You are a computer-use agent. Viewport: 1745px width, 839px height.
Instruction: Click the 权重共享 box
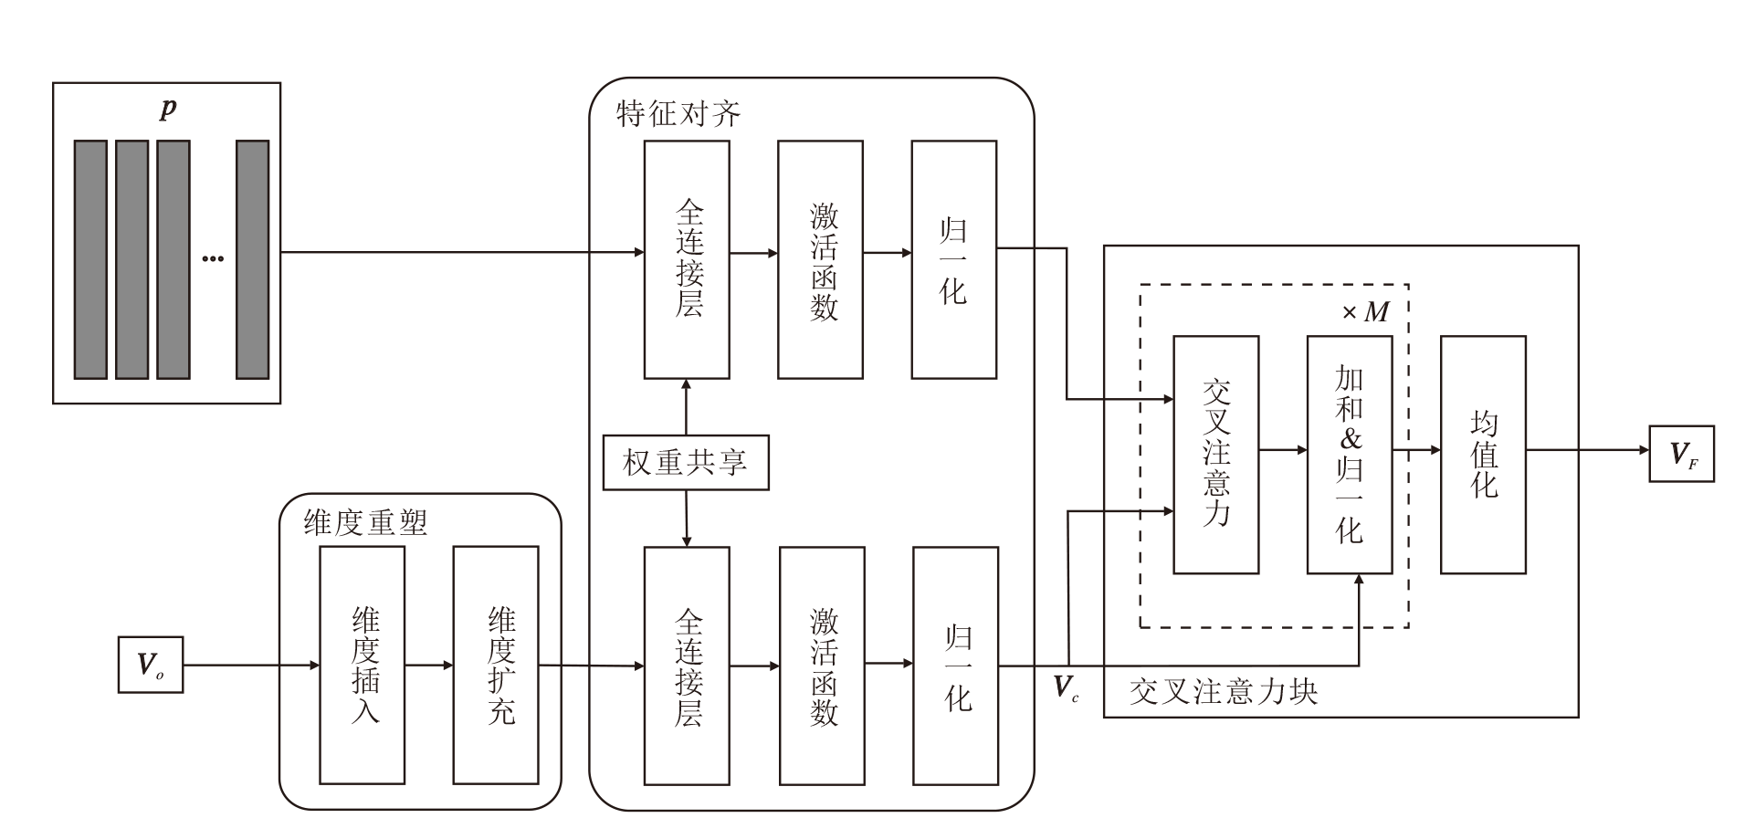pyautogui.click(x=685, y=463)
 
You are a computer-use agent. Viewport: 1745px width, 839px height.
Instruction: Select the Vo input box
pyautogui.click(x=151, y=665)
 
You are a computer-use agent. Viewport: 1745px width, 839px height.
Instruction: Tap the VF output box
pyautogui.click(x=1681, y=454)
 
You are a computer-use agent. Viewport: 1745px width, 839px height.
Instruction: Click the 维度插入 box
pyautogui.click(x=363, y=665)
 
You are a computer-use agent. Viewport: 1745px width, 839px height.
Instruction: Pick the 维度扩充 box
pyautogui.click(x=496, y=665)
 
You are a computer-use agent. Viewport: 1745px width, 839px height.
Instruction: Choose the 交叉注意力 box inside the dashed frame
pyautogui.click(x=1215, y=455)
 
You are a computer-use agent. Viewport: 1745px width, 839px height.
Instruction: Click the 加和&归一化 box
pyautogui.click(x=1349, y=455)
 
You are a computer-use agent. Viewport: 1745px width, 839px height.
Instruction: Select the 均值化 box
pyautogui.click(x=1483, y=455)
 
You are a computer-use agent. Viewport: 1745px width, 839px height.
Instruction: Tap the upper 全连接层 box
pyautogui.click(x=687, y=259)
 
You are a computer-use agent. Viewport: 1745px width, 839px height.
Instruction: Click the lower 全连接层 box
pyautogui.click(x=687, y=666)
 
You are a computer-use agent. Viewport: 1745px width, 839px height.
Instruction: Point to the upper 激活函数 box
pyautogui.click(x=820, y=259)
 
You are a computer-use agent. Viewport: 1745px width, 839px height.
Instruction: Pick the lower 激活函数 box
pyautogui.click(x=822, y=666)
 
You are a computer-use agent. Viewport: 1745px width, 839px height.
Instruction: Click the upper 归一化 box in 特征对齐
pyautogui.click(x=953, y=259)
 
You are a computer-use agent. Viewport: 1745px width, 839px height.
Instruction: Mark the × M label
pyautogui.click(x=1365, y=313)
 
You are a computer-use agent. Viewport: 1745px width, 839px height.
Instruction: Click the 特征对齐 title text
pyautogui.click(x=678, y=114)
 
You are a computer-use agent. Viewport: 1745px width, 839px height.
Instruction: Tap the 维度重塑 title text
pyautogui.click(x=365, y=522)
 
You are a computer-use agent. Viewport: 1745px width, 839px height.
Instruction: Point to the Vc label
pyautogui.click(x=1066, y=687)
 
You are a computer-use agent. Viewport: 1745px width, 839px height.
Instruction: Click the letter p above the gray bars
pyautogui.click(x=168, y=109)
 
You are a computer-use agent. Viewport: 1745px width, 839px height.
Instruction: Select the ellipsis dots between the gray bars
pyautogui.click(x=213, y=259)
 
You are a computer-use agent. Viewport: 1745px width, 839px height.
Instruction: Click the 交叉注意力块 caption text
pyautogui.click(x=1223, y=691)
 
